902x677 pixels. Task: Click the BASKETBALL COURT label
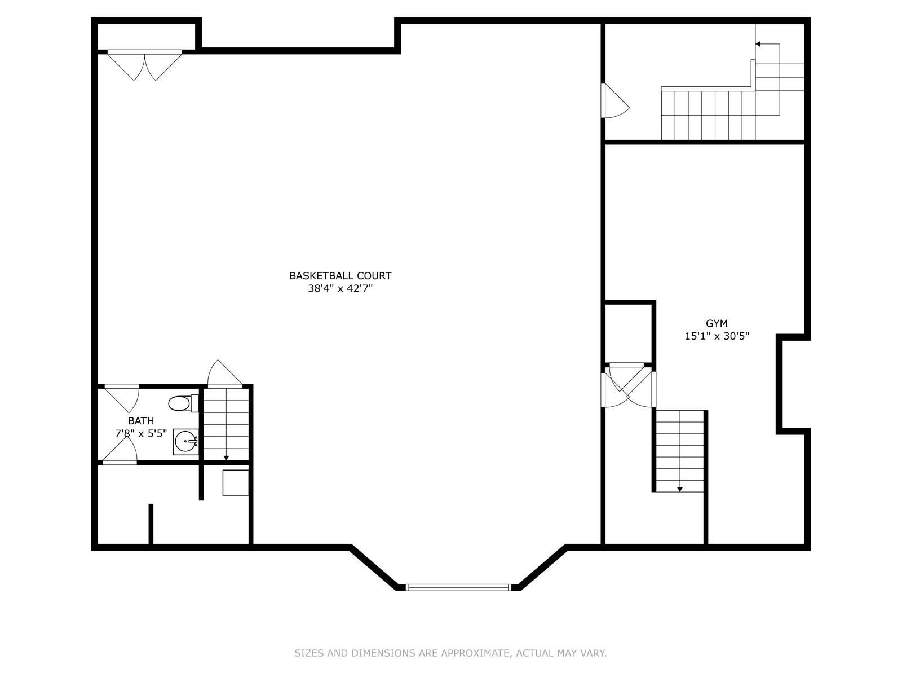(340, 275)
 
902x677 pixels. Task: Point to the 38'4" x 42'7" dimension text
(340, 288)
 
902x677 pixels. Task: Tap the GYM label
(717, 323)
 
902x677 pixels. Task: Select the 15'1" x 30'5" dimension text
(717, 336)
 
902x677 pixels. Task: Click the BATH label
(141, 420)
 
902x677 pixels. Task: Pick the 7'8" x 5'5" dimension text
(141, 433)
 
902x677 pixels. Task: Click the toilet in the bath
(183, 403)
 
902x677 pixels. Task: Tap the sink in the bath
(185, 442)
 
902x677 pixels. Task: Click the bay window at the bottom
(458, 587)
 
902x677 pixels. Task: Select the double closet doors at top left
(145, 65)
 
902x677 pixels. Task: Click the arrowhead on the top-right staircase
(758, 44)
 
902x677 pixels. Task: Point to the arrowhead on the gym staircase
(680, 489)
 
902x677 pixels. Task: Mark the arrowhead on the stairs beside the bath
(226, 458)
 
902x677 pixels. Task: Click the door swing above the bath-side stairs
(224, 373)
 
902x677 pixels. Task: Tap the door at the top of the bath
(122, 398)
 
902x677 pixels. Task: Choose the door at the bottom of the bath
(120, 450)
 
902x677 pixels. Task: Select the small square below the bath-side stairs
(236, 483)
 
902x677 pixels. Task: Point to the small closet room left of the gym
(629, 333)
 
